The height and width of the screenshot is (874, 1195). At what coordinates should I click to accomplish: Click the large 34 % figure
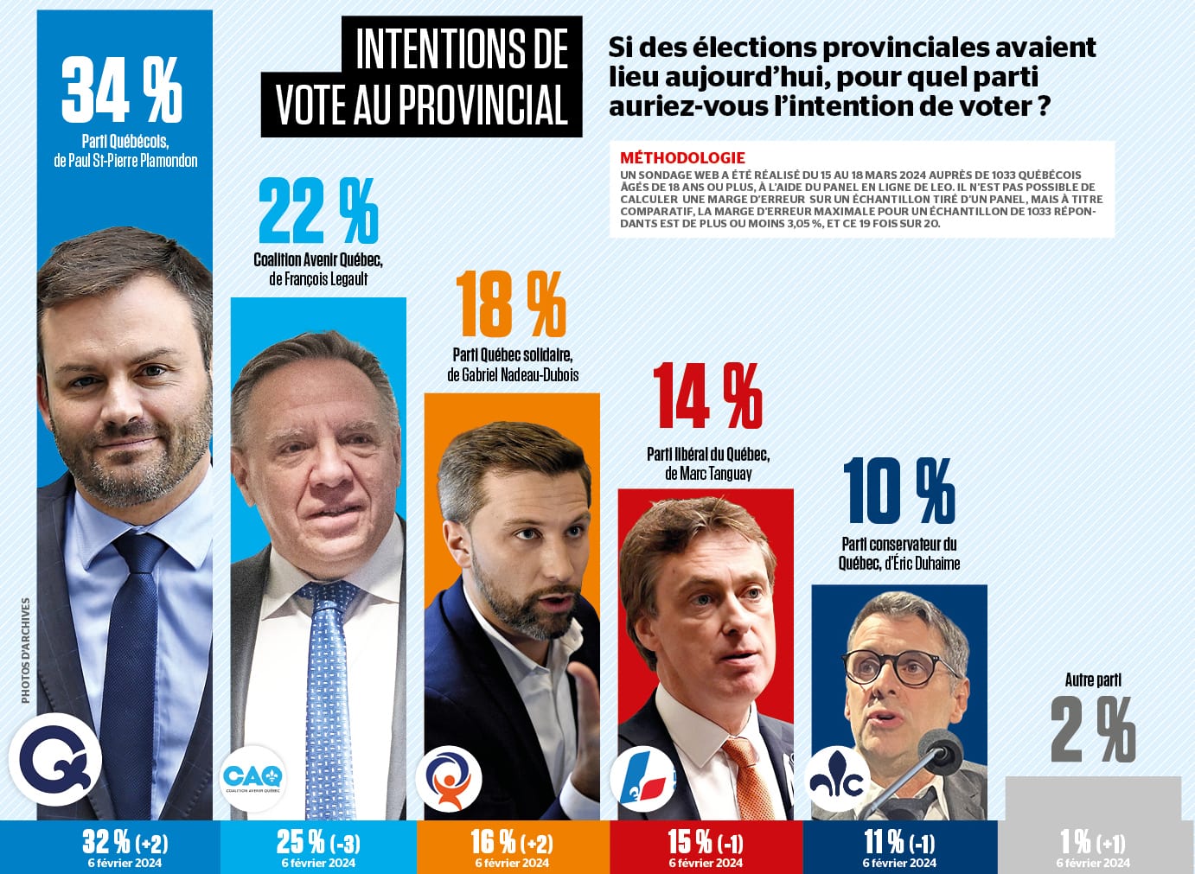[122, 90]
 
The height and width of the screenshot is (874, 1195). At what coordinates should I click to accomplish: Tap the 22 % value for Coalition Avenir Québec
[318, 210]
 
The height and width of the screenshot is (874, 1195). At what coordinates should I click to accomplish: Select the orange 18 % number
[511, 303]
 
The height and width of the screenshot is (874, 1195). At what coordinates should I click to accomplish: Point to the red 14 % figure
[707, 397]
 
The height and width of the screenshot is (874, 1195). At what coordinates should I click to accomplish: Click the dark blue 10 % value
[898, 491]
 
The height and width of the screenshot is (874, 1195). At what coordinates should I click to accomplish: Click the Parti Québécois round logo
[55, 760]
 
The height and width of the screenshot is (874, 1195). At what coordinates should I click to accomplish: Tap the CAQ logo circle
[252, 776]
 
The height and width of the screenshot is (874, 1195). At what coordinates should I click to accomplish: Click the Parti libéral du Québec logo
[642, 778]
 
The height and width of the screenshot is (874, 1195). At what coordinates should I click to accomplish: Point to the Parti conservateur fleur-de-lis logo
[836, 779]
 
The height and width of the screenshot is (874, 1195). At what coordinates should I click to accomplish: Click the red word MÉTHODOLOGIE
[682, 158]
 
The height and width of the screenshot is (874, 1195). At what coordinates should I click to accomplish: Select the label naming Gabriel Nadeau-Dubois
[513, 374]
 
